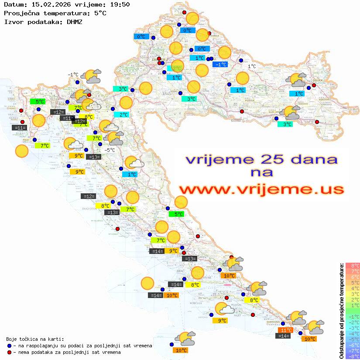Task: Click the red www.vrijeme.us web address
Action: coord(261,189)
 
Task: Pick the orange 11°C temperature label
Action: coord(286,330)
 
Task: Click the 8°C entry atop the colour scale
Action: coord(352,266)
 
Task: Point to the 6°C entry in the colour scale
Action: coord(352,277)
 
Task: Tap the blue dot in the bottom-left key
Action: coord(10,346)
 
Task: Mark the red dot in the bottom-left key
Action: coord(10,352)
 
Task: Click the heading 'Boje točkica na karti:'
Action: coord(35,339)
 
